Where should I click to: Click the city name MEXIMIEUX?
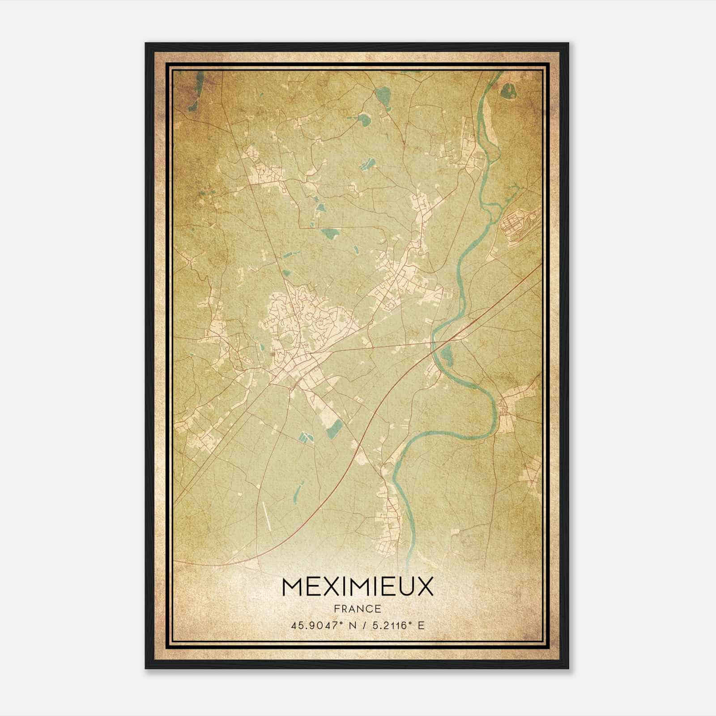[x=358, y=587]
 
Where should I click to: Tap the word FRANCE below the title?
[x=358, y=609]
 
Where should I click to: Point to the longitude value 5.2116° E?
[x=396, y=625]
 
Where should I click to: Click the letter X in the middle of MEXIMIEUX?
[x=324, y=587]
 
